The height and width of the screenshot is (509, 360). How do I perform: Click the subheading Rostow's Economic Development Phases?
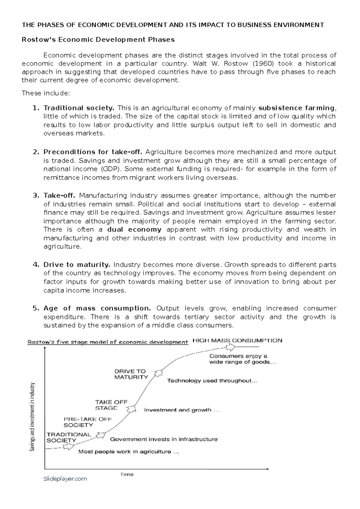tap(98, 40)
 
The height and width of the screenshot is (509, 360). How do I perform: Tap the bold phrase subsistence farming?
tap(296, 108)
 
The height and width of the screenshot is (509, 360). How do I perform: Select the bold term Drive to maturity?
tap(77, 265)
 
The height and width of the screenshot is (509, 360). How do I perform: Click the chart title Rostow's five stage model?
tap(108, 342)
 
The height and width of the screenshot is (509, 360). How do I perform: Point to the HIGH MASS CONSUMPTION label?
tap(237, 341)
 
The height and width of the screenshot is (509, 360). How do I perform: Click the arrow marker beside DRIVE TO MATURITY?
tap(158, 373)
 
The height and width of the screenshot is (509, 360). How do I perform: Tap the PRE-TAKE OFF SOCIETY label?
tap(88, 422)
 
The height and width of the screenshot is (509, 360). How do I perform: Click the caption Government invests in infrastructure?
tap(164, 439)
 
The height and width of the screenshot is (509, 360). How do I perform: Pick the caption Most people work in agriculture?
tap(129, 452)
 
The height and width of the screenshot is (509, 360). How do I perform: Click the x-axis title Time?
tap(127, 475)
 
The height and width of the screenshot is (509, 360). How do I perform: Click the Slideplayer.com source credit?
tap(65, 479)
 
